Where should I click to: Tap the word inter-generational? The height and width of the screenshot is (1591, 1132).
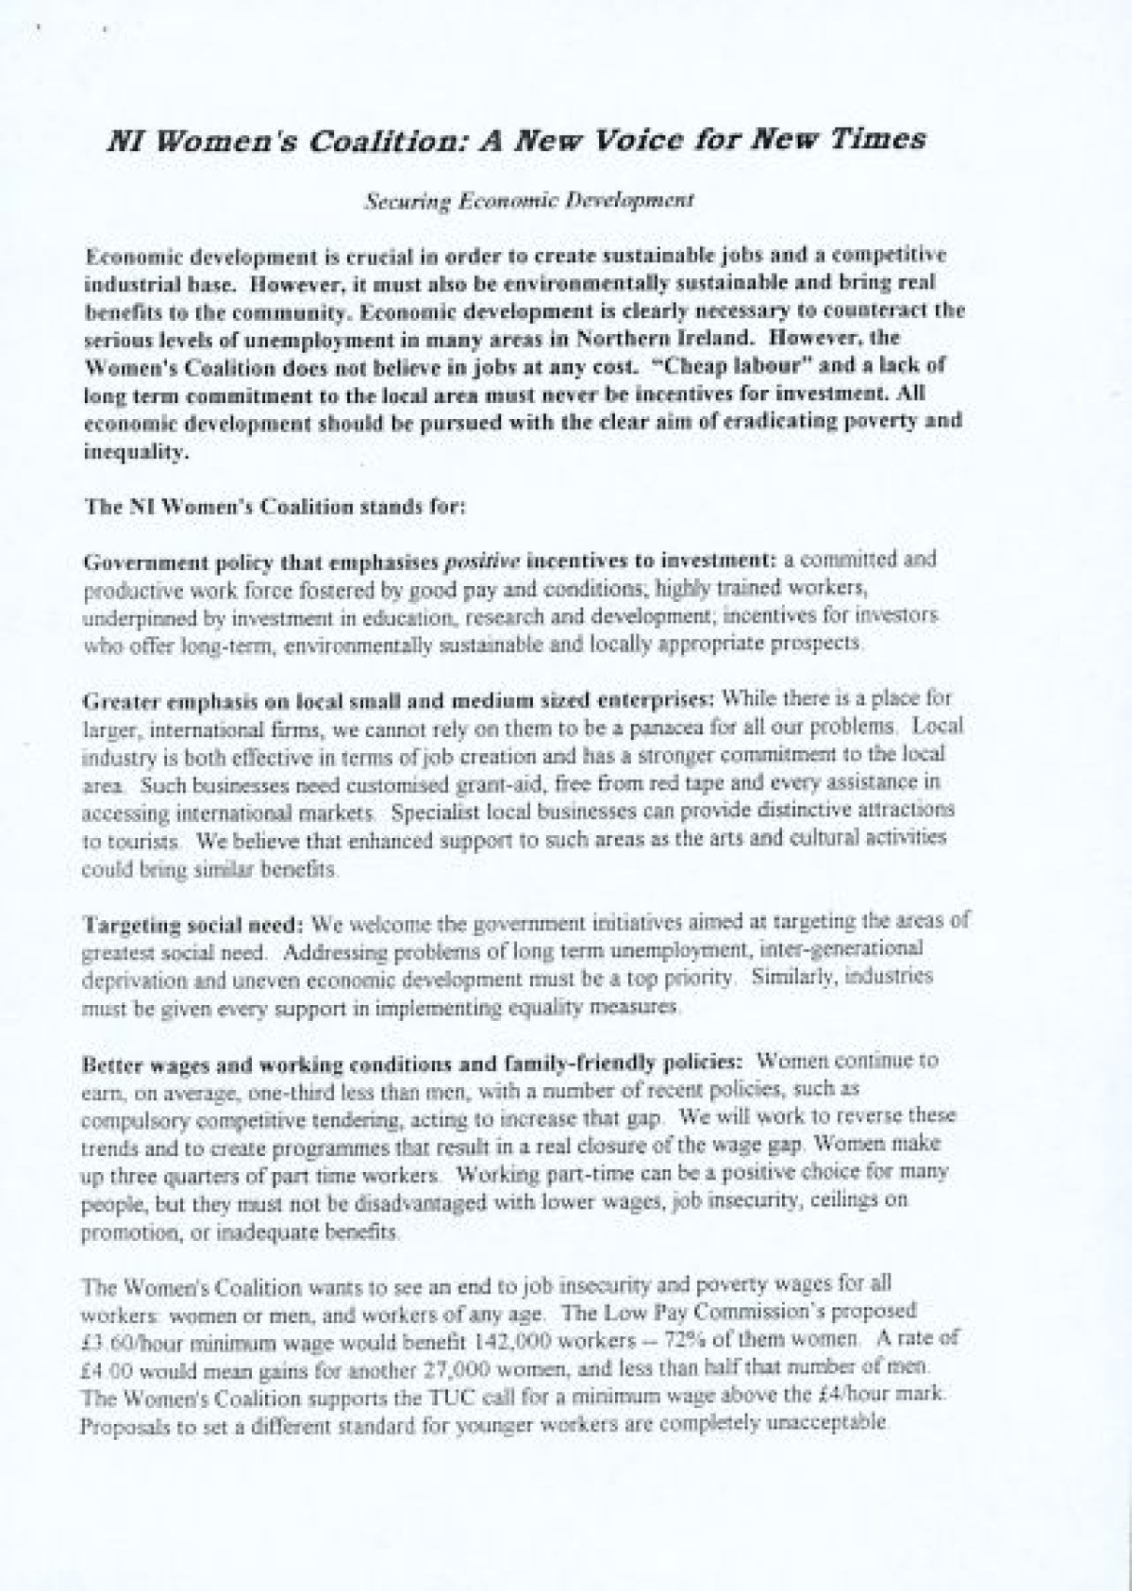pos(843,947)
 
